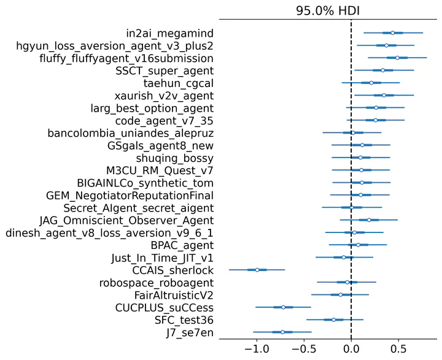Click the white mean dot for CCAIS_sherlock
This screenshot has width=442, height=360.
(257, 270)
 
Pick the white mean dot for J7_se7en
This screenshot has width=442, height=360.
(282, 332)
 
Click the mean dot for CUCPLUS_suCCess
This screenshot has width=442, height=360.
(283, 307)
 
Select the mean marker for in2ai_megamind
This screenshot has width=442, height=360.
(393, 33)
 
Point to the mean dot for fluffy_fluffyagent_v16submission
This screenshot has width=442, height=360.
(397, 58)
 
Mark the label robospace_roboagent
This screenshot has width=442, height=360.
(157, 282)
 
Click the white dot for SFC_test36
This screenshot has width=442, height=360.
(334, 320)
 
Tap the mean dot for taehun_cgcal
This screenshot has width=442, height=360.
(371, 83)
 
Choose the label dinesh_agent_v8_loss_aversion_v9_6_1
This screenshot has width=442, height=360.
(109, 232)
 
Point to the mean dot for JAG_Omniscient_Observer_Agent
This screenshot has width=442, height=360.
(369, 220)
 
